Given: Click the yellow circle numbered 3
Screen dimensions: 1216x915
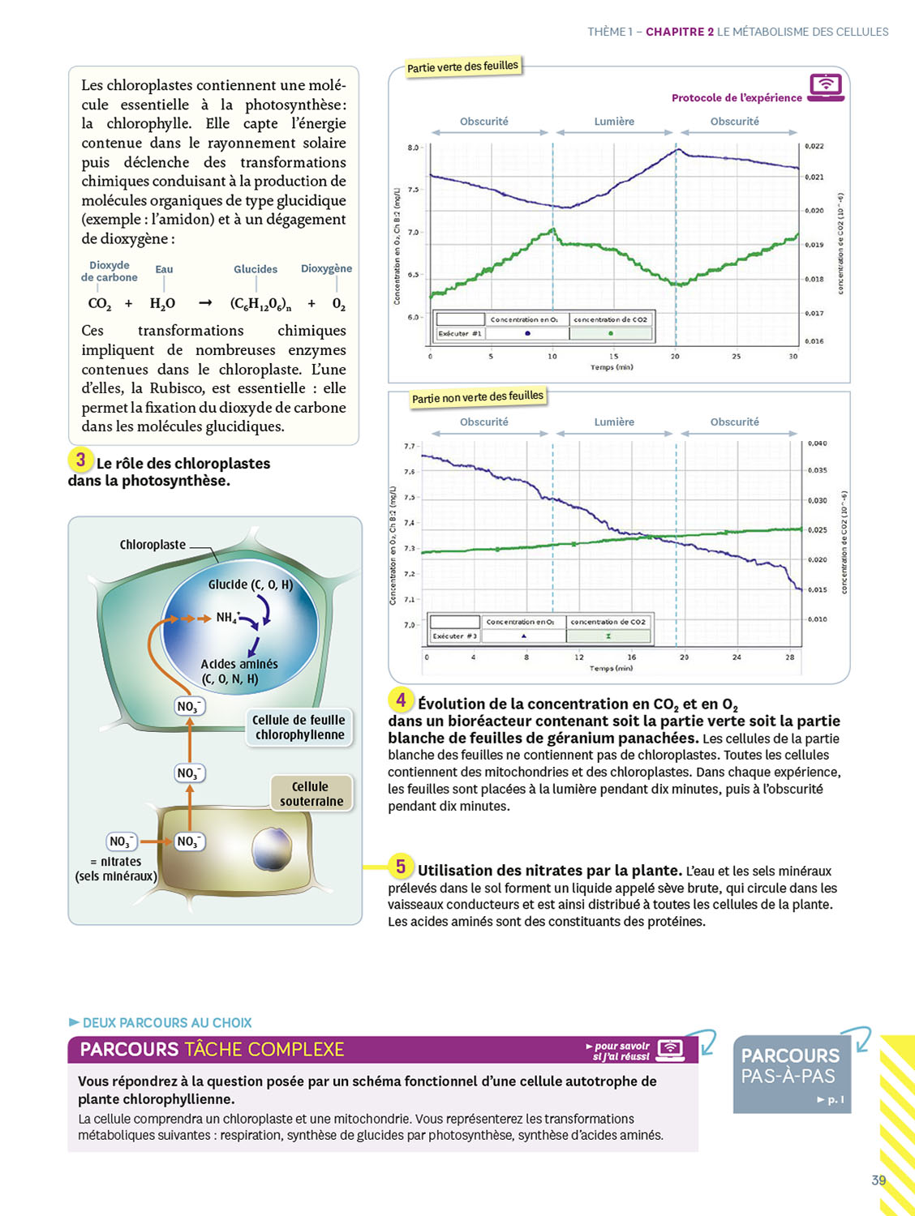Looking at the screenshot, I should (80, 460).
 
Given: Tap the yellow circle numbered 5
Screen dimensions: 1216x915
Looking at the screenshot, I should (400, 867).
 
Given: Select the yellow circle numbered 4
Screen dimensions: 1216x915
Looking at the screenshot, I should (400, 700).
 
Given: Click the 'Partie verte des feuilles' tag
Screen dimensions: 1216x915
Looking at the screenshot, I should (462, 66).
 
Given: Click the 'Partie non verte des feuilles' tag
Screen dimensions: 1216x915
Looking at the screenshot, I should (477, 397).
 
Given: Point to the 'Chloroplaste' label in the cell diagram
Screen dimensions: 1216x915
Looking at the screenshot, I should (152, 545).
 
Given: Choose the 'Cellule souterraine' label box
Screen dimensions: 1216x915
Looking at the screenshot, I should (311, 794).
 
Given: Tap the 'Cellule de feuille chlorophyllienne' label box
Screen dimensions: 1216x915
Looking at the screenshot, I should (299, 727).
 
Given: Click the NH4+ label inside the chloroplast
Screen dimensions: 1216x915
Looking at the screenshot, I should (227, 618).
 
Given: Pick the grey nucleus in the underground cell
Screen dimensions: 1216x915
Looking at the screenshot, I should (272, 848).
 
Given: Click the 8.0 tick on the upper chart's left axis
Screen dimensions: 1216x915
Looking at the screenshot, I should (413, 148).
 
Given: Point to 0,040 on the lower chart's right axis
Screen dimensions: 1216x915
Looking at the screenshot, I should (817, 443).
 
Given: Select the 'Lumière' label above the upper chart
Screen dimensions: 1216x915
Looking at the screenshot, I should (614, 122).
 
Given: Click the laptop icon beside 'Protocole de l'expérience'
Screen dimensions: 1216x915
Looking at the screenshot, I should (826, 87).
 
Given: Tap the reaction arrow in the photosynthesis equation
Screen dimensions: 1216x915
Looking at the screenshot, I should (205, 303).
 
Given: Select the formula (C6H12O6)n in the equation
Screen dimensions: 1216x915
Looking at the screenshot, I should (260, 304).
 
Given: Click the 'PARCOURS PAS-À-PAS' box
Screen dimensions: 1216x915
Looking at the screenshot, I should (792, 1073).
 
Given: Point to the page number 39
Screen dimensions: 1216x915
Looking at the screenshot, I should (878, 1180).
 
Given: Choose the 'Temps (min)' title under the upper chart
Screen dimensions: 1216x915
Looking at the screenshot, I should (612, 367).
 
